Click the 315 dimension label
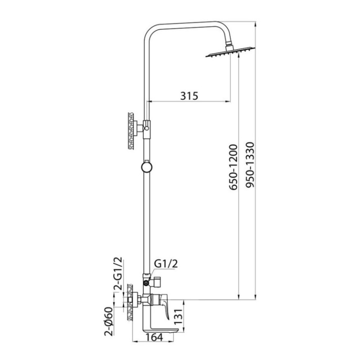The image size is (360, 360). tap(189, 95)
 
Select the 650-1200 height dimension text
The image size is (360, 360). tap(233, 167)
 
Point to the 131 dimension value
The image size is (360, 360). tap(178, 316)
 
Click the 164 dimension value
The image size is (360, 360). tap(154, 337)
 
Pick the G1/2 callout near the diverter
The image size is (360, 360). tap(166, 264)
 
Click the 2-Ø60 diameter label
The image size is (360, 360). tap(109, 321)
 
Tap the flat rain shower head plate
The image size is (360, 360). tap(230, 52)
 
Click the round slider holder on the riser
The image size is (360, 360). tap(147, 167)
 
